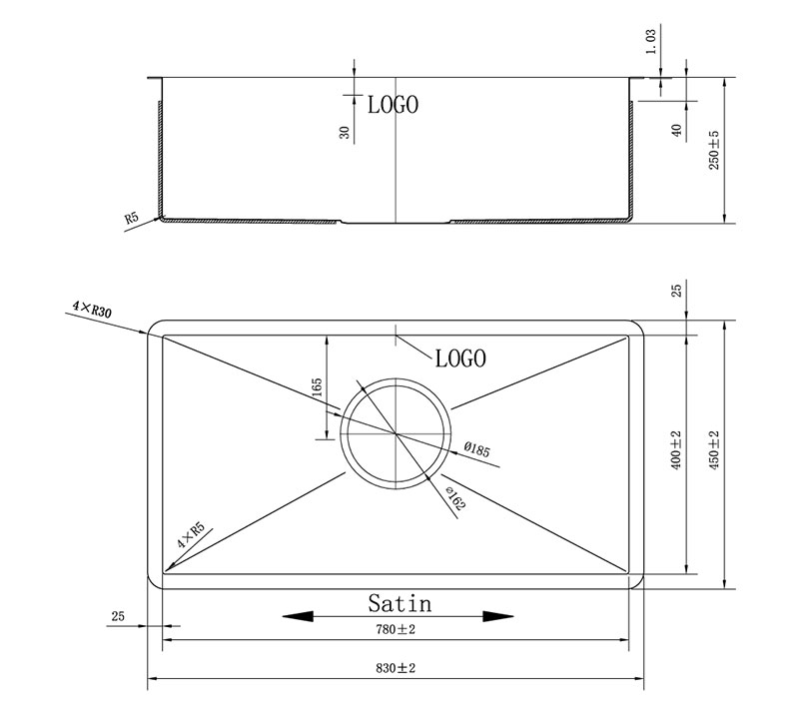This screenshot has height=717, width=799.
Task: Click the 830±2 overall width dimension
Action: [x=396, y=668]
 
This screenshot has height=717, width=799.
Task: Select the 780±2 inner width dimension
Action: [x=396, y=629]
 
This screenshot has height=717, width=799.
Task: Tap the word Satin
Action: [x=400, y=603]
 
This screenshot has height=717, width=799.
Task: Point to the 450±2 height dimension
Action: [x=714, y=450]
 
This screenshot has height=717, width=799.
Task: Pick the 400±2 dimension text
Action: [x=676, y=450]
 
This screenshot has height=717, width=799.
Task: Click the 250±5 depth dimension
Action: [x=714, y=150]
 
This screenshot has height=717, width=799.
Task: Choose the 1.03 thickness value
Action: [x=651, y=42]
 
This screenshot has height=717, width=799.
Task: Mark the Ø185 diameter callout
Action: [x=477, y=449]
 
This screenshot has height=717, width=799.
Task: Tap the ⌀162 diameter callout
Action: [x=455, y=497]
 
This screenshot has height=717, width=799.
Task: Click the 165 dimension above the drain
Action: [x=317, y=387]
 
